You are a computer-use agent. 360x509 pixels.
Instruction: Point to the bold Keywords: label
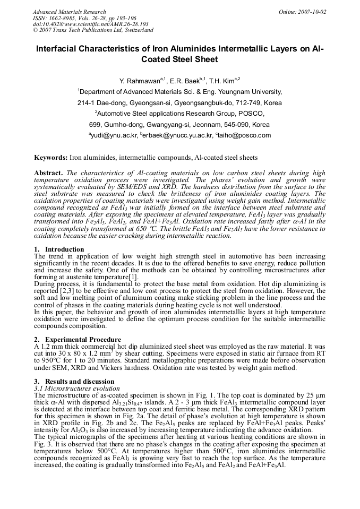[51, 158]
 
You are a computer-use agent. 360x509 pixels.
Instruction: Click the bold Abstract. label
[49, 173]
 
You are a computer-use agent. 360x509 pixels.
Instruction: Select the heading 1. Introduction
[59, 249]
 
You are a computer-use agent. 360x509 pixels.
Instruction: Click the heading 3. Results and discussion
[74, 381]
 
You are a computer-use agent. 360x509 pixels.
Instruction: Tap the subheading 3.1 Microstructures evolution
[77, 388]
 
